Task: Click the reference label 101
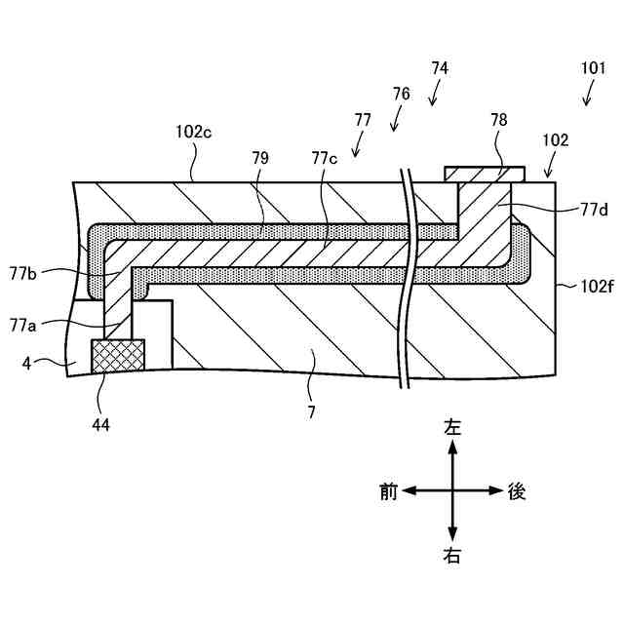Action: tap(593, 69)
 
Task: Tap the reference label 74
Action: tap(440, 69)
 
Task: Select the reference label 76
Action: tap(401, 95)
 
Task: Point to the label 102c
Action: tap(194, 130)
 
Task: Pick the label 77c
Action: tap(326, 157)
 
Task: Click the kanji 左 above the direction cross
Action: tap(452, 426)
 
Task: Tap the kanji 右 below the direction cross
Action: tap(452, 557)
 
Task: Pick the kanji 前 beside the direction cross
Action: tap(388, 491)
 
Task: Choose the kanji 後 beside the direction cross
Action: tap(517, 491)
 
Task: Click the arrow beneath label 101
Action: tap(588, 95)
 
